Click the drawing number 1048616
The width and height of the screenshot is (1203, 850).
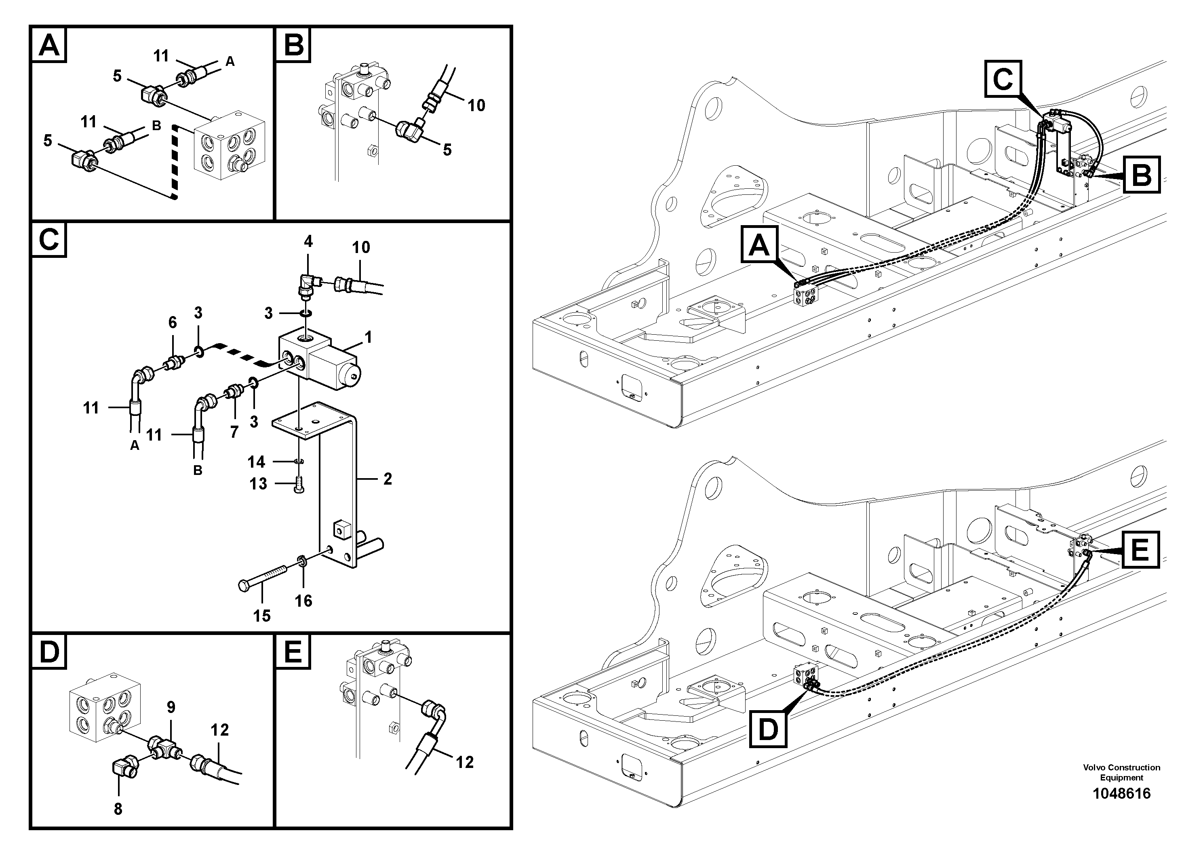tap(1121, 793)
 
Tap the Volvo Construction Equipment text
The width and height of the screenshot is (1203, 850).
tap(1121, 772)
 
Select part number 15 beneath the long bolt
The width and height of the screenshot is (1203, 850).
tap(261, 616)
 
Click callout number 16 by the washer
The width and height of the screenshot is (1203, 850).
tap(303, 601)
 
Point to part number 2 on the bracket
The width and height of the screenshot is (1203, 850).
tap(387, 479)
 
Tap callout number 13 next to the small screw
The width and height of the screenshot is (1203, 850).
tap(258, 484)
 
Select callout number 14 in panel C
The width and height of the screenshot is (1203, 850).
tap(256, 462)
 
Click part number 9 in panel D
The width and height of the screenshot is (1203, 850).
tap(171, 707)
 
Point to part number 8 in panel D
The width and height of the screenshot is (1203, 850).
tap(118, 809)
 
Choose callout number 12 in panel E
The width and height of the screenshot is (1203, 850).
tap(465, 761)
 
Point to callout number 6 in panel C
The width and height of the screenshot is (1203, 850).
tap(173, 322)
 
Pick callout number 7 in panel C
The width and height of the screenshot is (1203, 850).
tap(234, 431)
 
